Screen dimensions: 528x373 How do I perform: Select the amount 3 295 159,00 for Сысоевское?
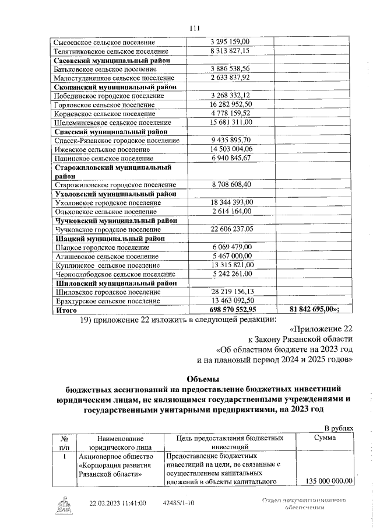click(229, 42)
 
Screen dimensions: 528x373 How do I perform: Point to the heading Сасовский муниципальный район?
click(111, 60)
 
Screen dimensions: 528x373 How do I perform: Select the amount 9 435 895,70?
click(229, 140)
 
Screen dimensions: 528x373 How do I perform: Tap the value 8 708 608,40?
click(229, 184)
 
